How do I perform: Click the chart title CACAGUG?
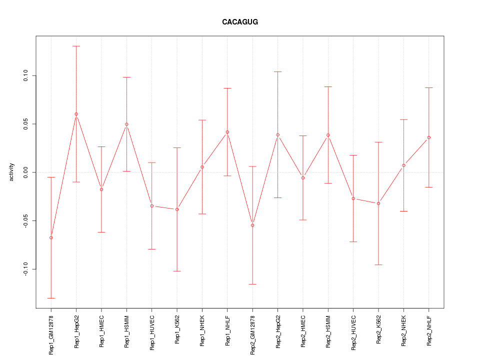tap(240, 22)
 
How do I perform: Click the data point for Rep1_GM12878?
tap(51, 237)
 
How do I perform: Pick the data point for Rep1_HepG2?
tap(76, 114)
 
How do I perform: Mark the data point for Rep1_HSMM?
tap(126, 124)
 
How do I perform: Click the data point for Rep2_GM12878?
tap(252, 225)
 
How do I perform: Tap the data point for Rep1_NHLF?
tap(227, 132)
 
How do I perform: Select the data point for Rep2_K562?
tap(378, 203)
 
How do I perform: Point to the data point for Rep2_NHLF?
tap(429, 137)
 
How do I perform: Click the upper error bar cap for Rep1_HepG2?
tap(76, 46)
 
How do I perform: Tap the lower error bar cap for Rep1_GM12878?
tap(51, 298)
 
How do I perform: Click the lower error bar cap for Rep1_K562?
tap(177, 271)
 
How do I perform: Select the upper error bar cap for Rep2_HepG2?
tap(277, 71)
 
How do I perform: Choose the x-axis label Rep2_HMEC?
tap(303, 331)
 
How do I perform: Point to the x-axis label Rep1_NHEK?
tap(202, 331)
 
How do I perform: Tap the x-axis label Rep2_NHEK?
tap(404, 331)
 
